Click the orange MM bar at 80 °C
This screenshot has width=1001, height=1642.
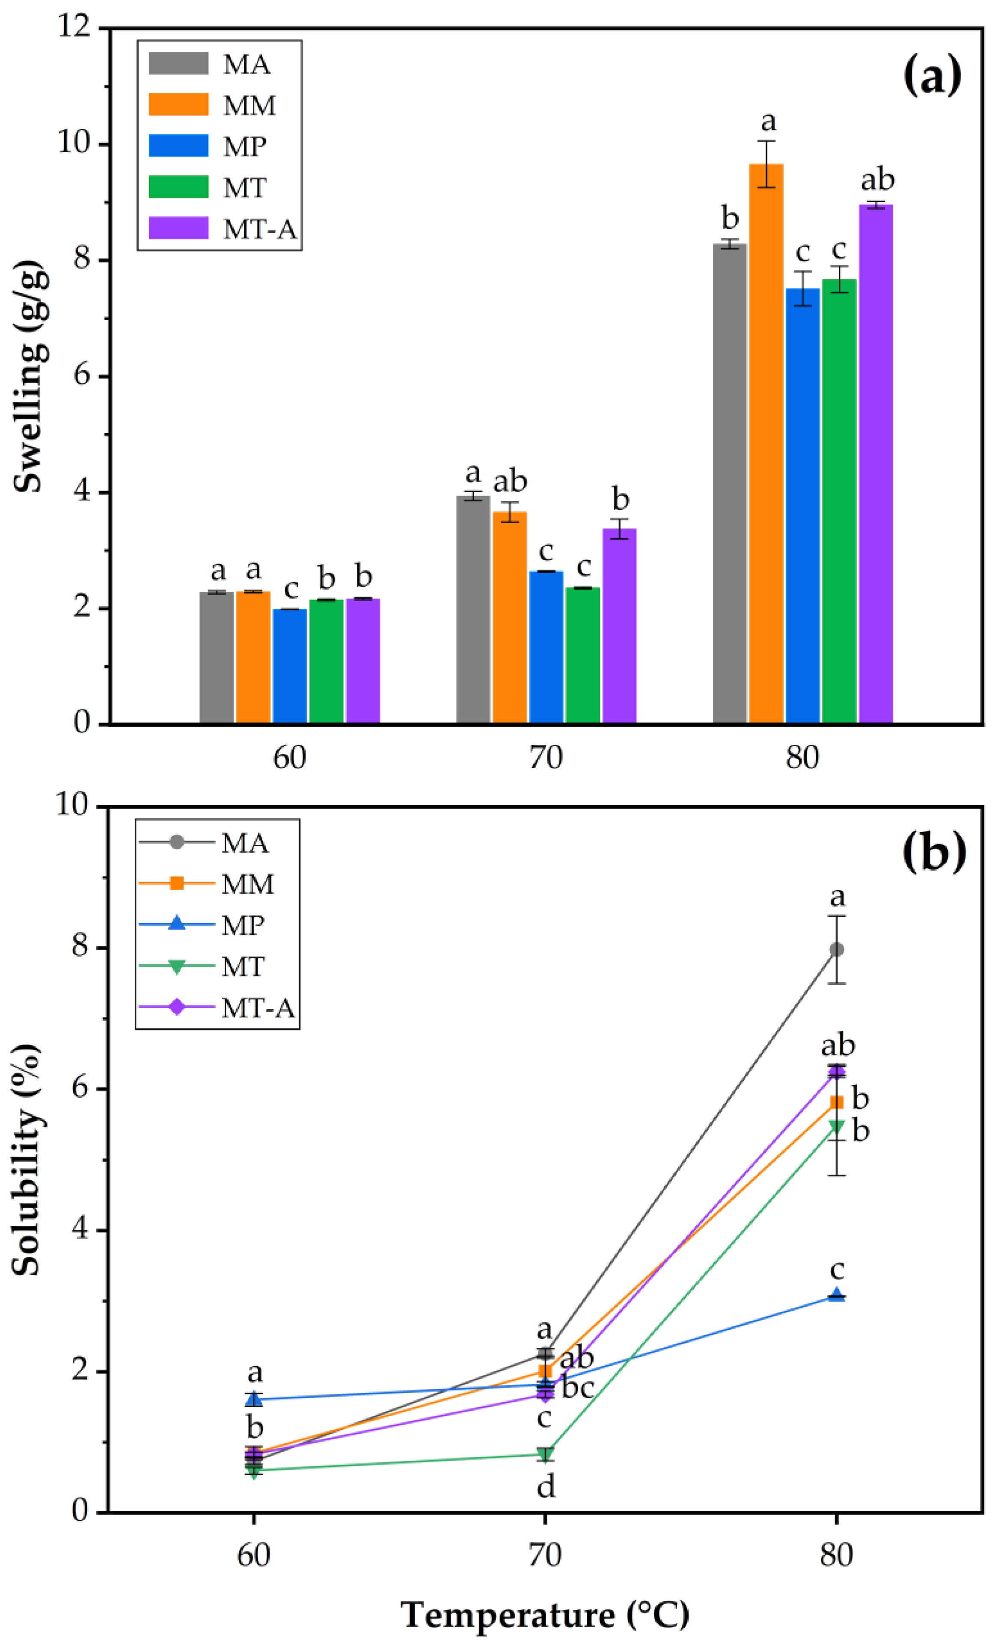pos(766,443)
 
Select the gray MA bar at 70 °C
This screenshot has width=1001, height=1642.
pos(473,610)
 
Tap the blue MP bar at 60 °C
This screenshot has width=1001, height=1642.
pos(289,666)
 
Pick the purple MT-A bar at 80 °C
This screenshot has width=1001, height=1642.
pos(876,463)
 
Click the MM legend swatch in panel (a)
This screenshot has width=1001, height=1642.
pos(178,105)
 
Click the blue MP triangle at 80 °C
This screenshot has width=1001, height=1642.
pos(836,1295)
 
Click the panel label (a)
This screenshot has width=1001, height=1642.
pos(932,75)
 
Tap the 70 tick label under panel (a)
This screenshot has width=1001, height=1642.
pos(546,757)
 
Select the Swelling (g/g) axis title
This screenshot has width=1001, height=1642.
pos(30,377)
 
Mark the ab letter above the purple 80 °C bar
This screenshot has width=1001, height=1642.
pos(877,180)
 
